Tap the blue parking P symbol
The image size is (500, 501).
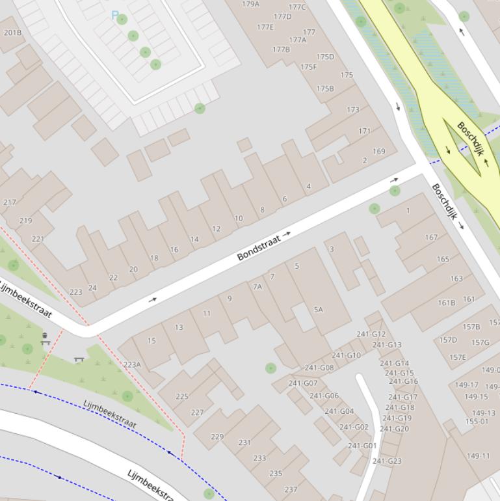tap(115, 15)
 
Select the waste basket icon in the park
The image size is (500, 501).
tap(45, 338)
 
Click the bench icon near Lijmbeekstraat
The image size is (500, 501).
tap(79, 359)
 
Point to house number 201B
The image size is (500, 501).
tap(12, 33)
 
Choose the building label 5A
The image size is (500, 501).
tap(318, 310)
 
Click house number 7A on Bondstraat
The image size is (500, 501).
tap(257, 286)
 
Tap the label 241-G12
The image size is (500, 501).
tap(371, 334)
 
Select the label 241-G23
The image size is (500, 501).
tap(387, 461)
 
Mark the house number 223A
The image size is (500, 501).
tap(132, 365)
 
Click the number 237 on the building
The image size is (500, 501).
tap(291, 490)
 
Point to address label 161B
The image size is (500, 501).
tap(447, 303)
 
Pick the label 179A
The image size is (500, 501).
tap(251, 4)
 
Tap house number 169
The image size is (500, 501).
tap(378, 152)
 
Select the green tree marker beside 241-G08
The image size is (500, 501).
tap(271, 368)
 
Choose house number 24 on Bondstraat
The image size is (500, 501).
tap(92, 288)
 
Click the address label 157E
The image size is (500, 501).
tap(458, 357)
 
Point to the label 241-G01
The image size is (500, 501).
tap(362, 446)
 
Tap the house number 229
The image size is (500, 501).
tap(217, 437)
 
